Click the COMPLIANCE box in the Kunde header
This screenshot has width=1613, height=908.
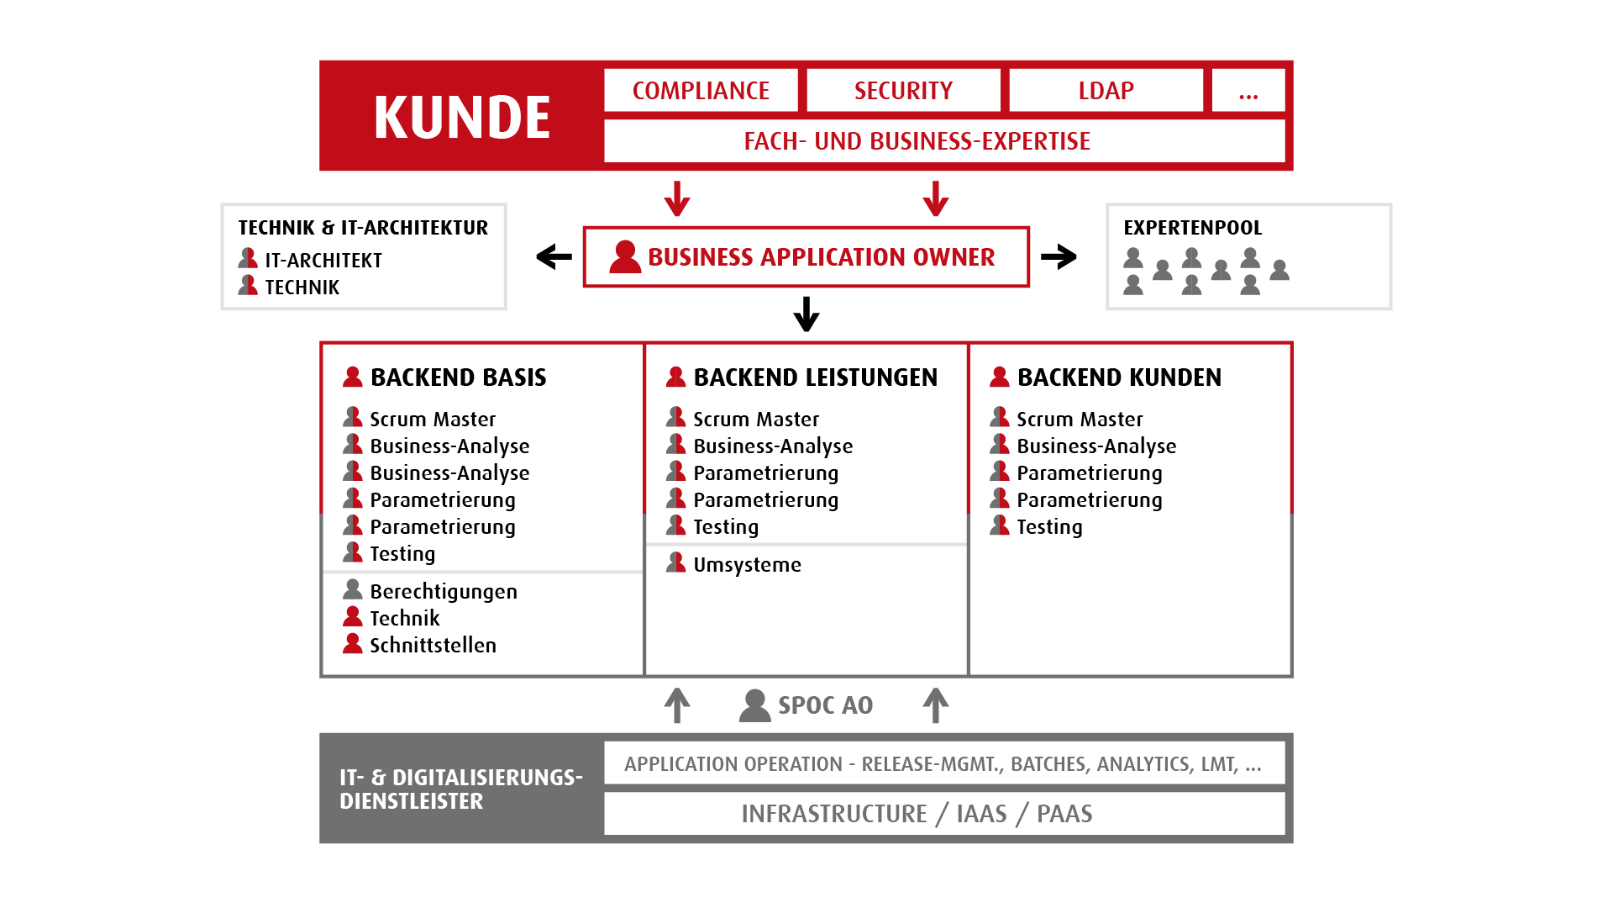point(701,91)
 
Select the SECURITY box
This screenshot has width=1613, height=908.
point(903,91)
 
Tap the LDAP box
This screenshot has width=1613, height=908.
point(1106,91)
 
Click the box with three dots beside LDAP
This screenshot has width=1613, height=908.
point(1248,91)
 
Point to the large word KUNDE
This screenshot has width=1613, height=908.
point(462,117)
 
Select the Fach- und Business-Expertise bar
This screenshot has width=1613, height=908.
point(944,141)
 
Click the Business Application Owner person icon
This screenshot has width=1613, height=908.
point(625,256)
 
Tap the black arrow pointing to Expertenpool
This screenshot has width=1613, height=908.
point(1059,256)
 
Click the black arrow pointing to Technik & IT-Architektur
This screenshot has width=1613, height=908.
point(554,256)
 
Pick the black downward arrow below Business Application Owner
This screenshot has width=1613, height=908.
point(806,314)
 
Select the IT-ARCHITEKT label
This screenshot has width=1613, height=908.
point(323,261)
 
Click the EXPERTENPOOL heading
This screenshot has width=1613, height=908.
point(1193,228)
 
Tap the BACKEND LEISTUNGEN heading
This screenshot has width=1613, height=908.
point(816,377)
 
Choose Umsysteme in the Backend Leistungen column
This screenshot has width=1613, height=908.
point(747,565)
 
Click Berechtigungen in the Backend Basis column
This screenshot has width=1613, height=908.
point(444,592)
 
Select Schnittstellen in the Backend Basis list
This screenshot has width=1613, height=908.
point(433,645)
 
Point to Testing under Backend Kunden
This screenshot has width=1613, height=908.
point(1049,527)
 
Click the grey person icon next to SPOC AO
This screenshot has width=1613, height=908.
point(754,705)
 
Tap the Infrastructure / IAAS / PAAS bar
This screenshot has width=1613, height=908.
point(944,814)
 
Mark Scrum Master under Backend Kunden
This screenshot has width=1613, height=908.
point(1080,419)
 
